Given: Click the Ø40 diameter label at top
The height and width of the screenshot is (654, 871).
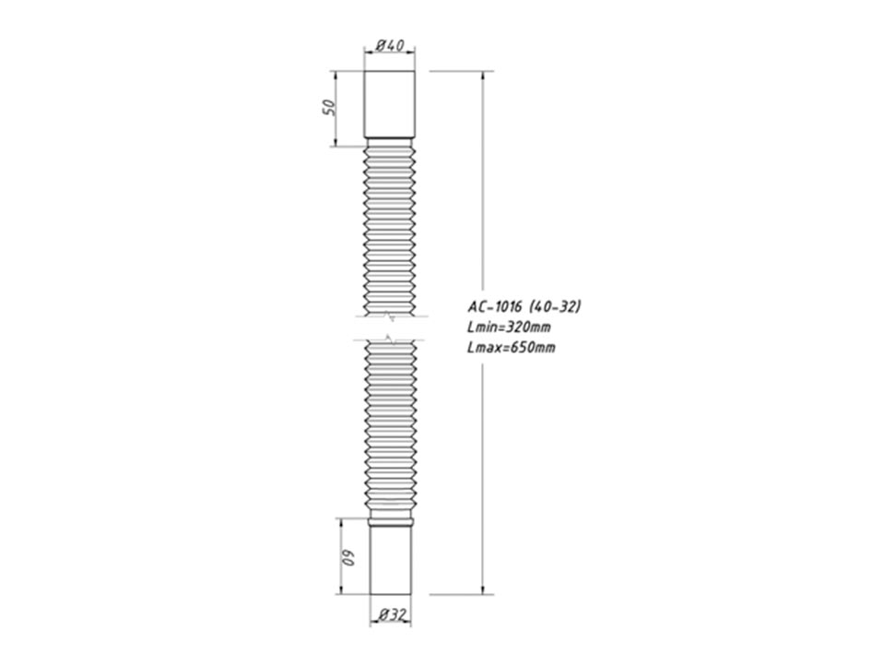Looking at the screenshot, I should tap(391, 46).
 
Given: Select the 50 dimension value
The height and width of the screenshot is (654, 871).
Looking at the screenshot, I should tap(325, 107).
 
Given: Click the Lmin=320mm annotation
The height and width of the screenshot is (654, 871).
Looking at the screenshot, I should tap(510, 327).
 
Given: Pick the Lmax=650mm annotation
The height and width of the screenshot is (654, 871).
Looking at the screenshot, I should tap(512, 347).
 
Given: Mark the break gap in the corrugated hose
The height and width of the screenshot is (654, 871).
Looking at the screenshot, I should tap(391, 328).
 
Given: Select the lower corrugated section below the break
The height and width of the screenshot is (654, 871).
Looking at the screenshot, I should tap(391, 424).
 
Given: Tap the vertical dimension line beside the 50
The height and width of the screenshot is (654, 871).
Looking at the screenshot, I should tap(335, 107).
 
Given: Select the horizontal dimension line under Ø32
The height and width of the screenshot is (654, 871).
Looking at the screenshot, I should tap(391, 623).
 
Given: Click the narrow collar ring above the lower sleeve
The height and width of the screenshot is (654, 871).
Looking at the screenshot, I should tap(391, 522).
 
